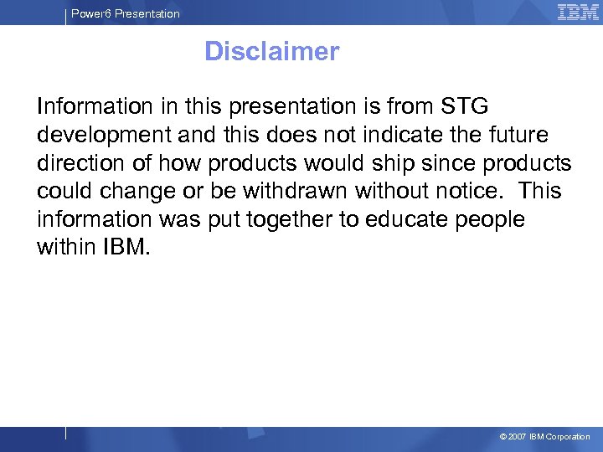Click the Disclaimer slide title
point(271,52)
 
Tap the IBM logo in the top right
point(578,13)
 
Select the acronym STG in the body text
point(461,106)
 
